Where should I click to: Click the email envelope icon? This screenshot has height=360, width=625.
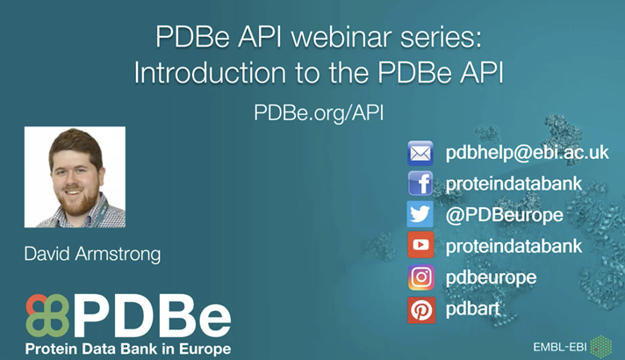421,153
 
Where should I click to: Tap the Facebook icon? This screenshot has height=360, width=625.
421,184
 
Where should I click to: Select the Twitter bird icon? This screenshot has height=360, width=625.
421,214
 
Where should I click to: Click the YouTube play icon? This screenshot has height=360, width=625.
421,246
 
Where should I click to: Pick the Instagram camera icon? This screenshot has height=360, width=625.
421,277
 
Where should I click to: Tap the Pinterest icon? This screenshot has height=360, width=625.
421,309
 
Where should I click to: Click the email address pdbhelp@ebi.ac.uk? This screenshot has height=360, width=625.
527,153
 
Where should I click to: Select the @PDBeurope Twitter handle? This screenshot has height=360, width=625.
505,215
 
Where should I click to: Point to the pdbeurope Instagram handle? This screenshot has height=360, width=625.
491,278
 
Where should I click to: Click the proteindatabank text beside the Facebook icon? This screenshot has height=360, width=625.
514,184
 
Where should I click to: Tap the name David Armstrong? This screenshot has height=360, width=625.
93,255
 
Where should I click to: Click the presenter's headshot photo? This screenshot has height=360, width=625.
75,177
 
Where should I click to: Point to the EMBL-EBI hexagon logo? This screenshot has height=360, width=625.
602,344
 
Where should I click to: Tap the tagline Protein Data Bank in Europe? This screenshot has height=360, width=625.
128,349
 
